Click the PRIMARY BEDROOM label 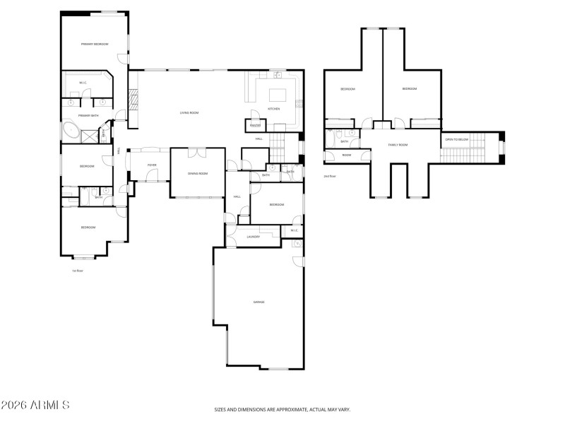(x=94, y=44)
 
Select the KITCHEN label (x=273, y=109)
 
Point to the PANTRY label (x=254, y=126)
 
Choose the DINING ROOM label (x=198, y=173)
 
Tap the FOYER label (x=152, y=165)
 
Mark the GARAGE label (x=258, y=302)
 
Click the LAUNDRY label (x=254, y=237)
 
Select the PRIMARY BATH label (x=88, y=115)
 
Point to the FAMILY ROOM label (x=398, y=145)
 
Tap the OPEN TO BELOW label (x=457, y=139)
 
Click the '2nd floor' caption (x=330, y=176)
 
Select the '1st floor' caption (x=78, y=271)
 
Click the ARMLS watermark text (x=35, y=406)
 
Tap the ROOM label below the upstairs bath (x=347, y=155)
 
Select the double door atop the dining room (x=197, y=151)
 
